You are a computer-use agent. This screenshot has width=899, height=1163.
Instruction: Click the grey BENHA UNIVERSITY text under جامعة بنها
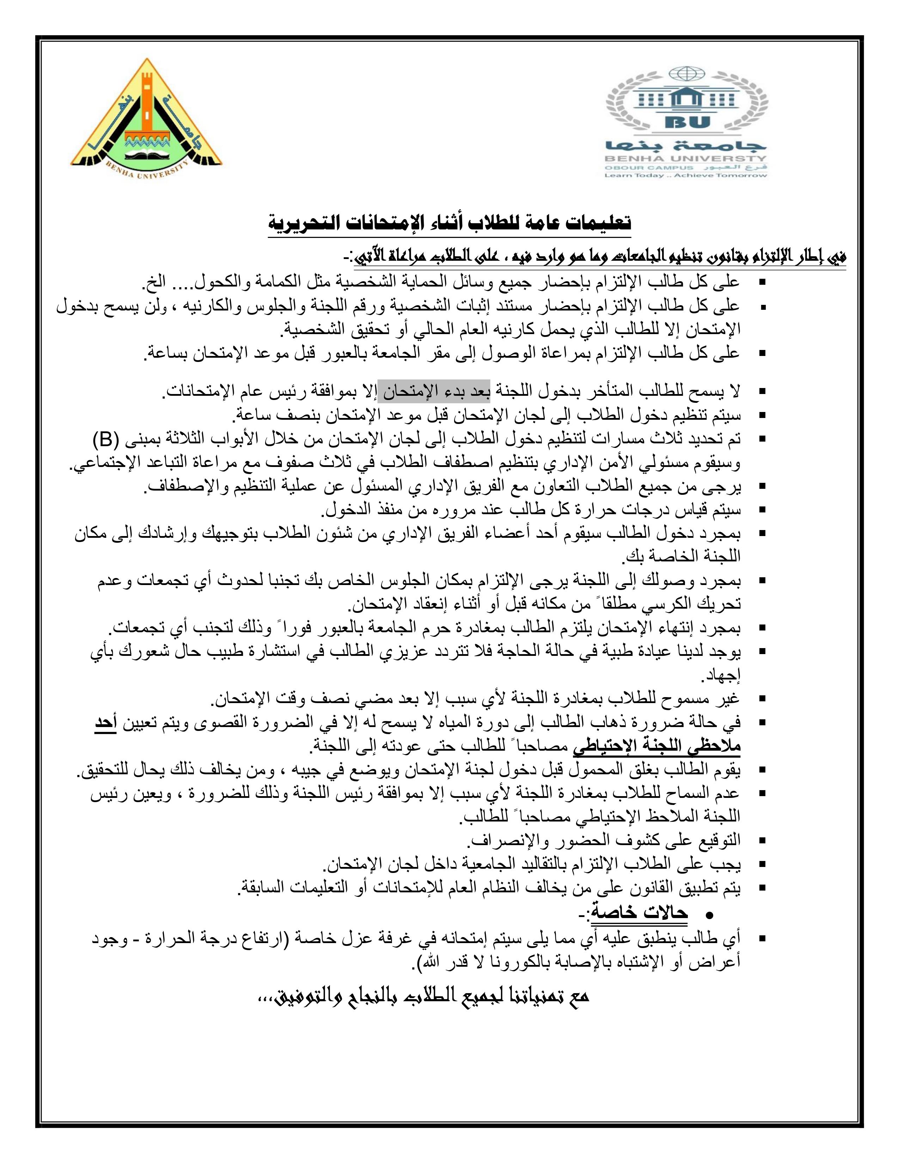coord(685,159)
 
